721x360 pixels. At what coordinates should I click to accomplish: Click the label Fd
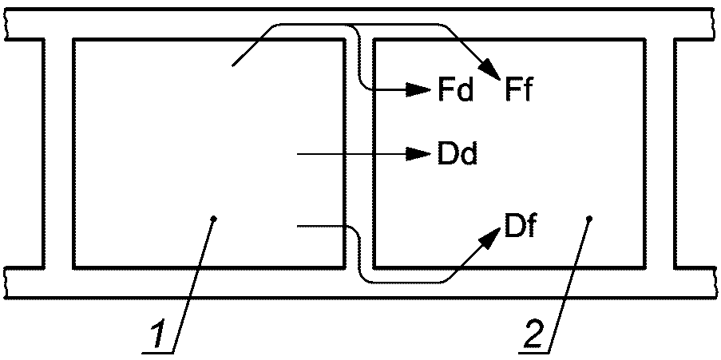pyautogui.click(x=455, y=90)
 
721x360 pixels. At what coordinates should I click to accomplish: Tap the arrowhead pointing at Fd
pyautogui.click(x=420, y=89)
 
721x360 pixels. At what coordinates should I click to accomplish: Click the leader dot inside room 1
pyautogui.click(x=212, y=217)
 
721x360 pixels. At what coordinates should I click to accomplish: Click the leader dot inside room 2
pyautogui.click(x=588, y=217)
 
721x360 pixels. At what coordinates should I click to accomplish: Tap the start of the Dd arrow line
pyautogui.click(x=297, y=152)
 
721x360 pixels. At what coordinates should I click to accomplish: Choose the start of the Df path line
pyautogui.click(x=297, y=227)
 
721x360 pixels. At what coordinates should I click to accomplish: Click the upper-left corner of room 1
pyautogui.click(x=73, y=39)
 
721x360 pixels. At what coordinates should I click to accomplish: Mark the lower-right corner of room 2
pyautogui.click(x=644, y=266)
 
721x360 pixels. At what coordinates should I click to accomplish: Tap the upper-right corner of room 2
pyautogui.click(x=644, y=39)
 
